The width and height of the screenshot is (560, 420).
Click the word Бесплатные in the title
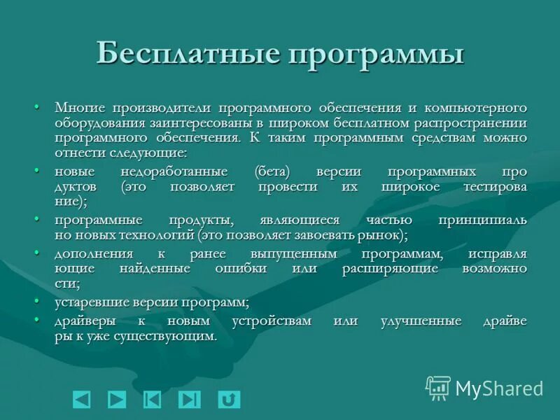click(x=188, y=54)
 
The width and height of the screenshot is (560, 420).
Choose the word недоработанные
click(x=183, y=171)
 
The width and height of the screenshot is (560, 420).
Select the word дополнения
click(x=94, y=253)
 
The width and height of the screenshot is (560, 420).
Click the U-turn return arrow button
click(x=228, y=399)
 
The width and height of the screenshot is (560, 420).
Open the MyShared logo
click(x=484, y=388)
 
